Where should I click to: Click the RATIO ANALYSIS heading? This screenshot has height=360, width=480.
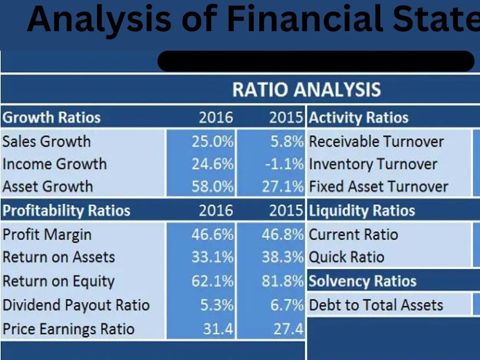(x=306, y=90)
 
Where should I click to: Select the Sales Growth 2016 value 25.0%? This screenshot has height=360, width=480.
(x=212, y=142)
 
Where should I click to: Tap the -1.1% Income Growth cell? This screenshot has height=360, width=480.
(x=284, y=164)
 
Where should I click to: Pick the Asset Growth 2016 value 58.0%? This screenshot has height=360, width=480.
(x=212, y=186)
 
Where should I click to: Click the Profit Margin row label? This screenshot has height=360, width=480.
(x=47, y=235)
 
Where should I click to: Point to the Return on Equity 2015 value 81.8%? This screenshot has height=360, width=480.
(x=283, y=281)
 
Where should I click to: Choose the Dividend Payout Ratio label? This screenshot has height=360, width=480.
(x=76, y=305)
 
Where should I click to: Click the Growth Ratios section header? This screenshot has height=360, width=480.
(x=51, y=118)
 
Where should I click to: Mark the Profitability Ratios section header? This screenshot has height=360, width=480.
(x=66, y=211)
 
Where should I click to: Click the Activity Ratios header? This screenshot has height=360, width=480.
(x=359, y=118)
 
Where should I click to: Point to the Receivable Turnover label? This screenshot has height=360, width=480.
(x=376, y=142)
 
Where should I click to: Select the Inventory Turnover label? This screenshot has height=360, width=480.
(x=373, y=164)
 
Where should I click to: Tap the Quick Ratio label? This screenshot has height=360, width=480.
(x=346, y=257)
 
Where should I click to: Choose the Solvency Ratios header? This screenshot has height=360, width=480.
(x=362, y=281)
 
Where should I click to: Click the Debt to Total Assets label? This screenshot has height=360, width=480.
(x=376, y=305)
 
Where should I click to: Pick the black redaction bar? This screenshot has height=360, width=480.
(x=316, y=61)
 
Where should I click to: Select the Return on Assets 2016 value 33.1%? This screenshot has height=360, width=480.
(x=212, y=257)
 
